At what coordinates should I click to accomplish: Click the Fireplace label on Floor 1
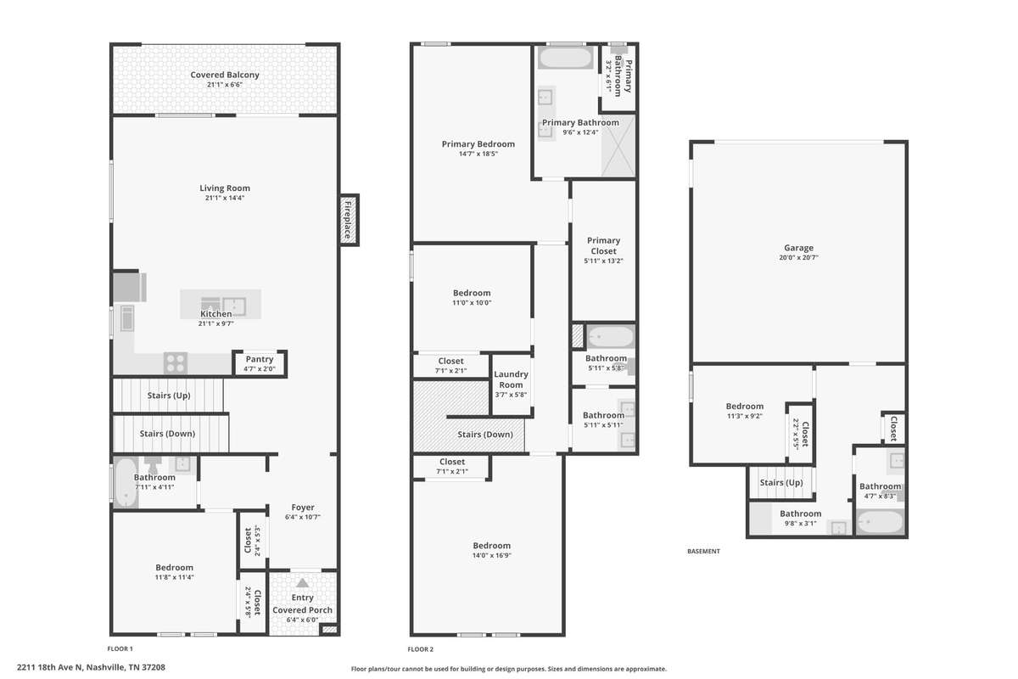(348, 220)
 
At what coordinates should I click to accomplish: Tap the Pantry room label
(260, 359)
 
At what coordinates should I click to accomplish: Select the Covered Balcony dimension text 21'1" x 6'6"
(225, 85)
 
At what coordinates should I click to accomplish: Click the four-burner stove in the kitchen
(176, 363)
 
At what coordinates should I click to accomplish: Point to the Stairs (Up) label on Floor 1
(169, 396)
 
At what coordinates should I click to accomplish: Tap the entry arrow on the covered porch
(302, 583)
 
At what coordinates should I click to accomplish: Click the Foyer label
(303, 507)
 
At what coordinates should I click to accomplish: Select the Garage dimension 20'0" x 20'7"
(798, 257)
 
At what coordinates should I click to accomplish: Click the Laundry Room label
(511, 379)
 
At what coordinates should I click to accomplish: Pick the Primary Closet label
(603, 245)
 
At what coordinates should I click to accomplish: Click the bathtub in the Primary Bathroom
(565, 58)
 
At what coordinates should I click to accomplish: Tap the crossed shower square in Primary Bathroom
(618, 145)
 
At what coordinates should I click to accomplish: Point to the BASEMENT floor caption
(703, 551)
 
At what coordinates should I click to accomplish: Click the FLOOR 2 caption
(421, 649)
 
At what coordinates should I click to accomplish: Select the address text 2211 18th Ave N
(50, 667)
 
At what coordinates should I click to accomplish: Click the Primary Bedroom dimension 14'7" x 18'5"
(478, 154)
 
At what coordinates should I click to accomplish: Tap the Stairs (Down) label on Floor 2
(485, 435)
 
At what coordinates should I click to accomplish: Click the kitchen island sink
(234, 307)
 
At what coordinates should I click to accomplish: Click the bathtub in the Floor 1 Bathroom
(125, 483)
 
